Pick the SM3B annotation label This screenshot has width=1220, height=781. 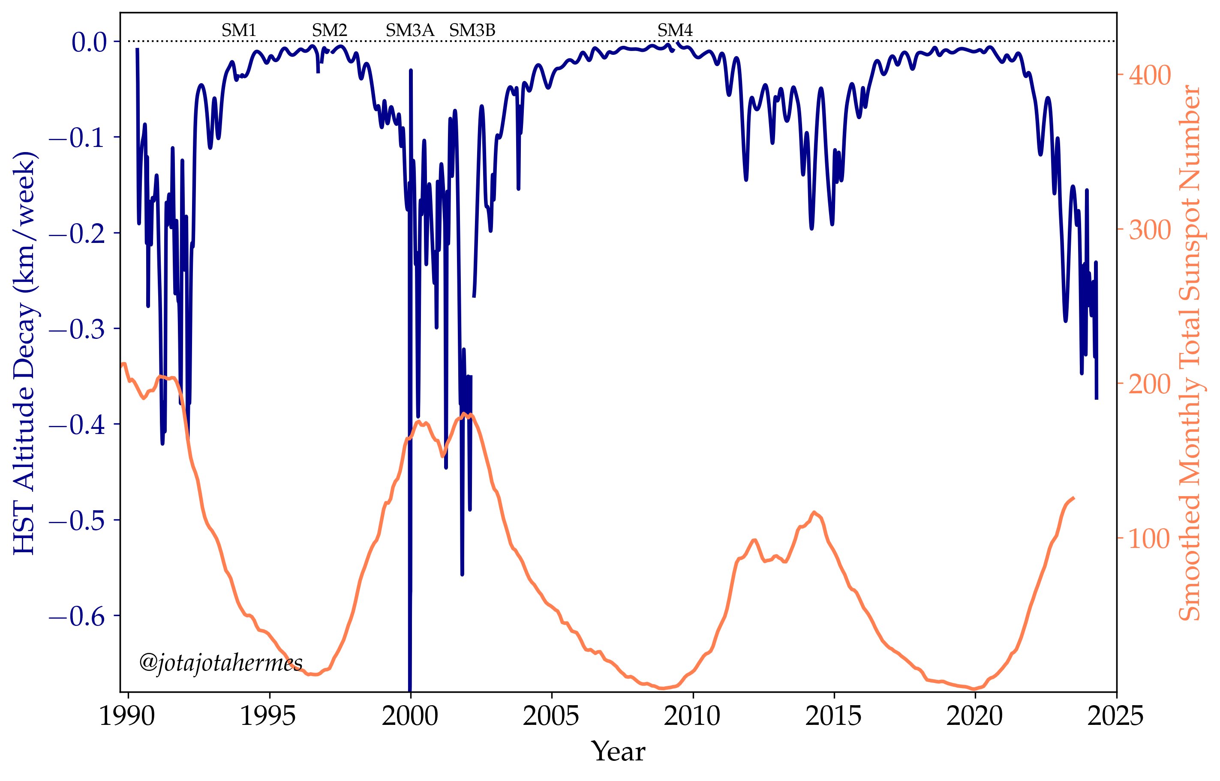(x=472, y=31)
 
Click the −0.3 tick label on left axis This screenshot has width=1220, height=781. (x=77, y=329)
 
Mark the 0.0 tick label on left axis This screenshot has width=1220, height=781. (x=89, y=42)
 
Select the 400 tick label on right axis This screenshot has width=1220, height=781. (x=1149, y=76)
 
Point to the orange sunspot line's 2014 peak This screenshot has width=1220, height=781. (x=814, y=513)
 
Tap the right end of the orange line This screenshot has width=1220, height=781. (x=1073, y=498)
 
